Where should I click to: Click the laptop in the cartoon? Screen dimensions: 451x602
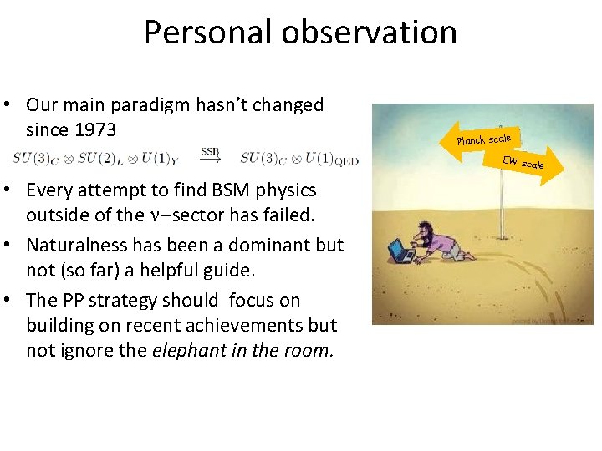coord(401,250)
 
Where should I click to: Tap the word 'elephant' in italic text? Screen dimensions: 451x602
coord(188,351)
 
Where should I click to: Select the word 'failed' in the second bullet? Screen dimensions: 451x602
coord(288,215)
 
